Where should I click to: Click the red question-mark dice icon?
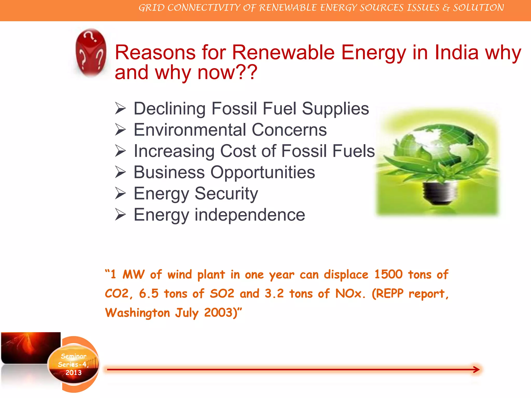(91, 53)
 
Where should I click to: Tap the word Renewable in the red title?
(283, 52)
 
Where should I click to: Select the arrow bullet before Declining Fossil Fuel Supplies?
(121, 108)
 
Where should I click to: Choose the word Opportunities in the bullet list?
(262, 172)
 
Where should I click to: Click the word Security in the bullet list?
(226, 194)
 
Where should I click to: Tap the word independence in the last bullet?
(250, 215)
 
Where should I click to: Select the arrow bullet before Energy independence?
(121, 215)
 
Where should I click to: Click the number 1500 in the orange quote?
(388, 274)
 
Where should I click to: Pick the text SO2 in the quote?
(222, 294)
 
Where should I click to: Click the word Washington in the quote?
(137, 313)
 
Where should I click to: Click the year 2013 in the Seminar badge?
(73, 373)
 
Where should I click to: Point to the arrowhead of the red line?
(476, 369)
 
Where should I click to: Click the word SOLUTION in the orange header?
(478, 8)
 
